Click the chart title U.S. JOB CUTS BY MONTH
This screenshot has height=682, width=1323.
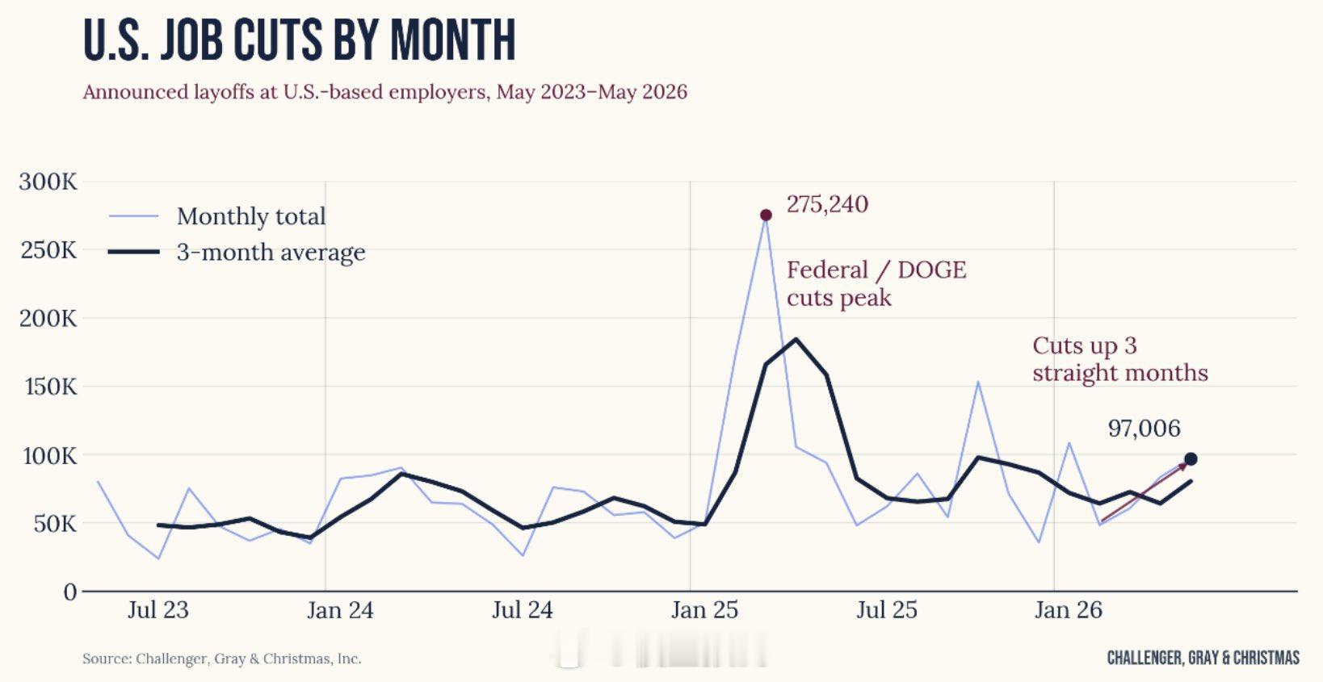click(300, 40)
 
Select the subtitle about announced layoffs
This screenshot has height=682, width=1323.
click(385, 92)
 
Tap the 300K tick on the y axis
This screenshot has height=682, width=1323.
click(48, 182)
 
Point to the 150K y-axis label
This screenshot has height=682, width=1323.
click(51, 387)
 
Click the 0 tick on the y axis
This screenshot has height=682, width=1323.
click(70, 592)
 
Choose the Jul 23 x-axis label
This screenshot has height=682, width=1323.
click(158, 610)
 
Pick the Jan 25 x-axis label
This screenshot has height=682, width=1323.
click(704, 610)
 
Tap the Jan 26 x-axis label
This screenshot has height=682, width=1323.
click(1069, 610)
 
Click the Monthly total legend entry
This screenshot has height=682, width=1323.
click(216, 216)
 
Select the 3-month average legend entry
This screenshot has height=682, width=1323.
click(237, 253)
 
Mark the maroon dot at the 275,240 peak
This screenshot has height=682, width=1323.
click(766, 215)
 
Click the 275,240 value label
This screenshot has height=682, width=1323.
click(827, 204)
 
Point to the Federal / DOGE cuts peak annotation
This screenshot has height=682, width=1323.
click(876, 284)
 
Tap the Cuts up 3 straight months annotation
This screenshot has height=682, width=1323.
click(1119, 359)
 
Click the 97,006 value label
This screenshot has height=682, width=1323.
click(1144, 429)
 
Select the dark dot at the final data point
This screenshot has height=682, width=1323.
click(1191, 459)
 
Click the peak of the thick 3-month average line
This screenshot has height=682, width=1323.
click(796, 339)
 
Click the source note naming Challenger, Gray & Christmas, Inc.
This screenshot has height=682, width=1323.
click(222, 659)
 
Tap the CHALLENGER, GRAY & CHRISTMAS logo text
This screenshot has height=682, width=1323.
click(1203, 658)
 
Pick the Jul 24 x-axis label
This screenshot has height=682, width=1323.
click(522, 610)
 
